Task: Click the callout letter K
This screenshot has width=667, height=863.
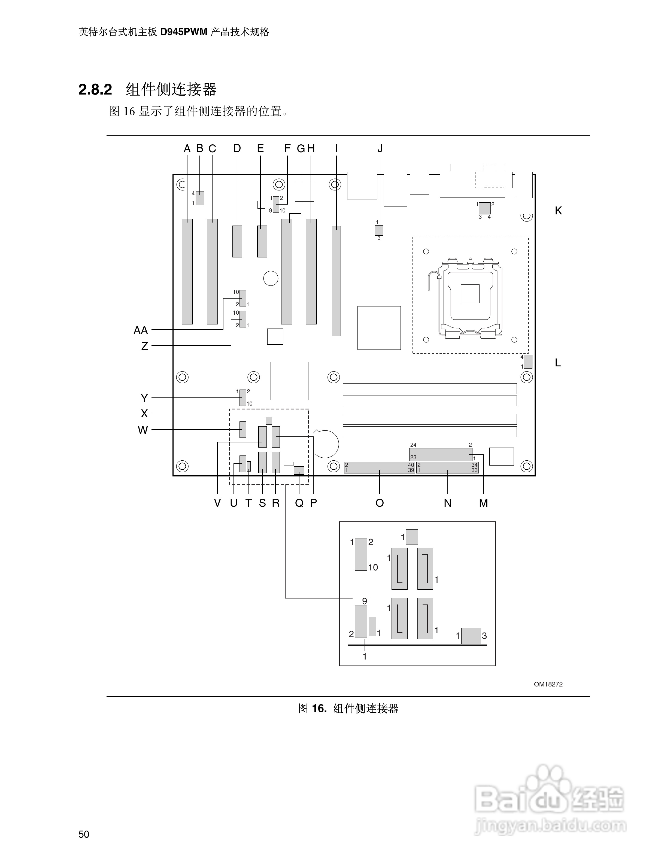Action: (558, 211)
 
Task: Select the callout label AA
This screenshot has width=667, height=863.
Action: (141, 330)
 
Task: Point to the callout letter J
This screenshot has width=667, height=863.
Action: (380, 148)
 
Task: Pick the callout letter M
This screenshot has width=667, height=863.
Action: (484, 503)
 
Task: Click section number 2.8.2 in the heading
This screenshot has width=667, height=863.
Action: (95, 90)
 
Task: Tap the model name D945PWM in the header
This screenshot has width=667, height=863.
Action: (184, 32)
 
